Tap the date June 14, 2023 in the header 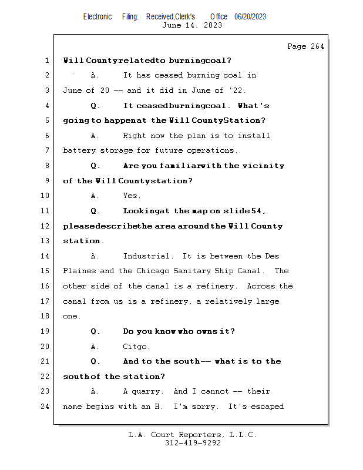[x=191, y=25]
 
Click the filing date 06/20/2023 [x=250, y=16]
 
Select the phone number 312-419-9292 [x=193, y=443]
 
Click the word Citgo [x=136, y=346]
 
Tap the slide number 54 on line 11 [x=258, y=211]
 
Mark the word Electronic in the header [x=98, y=16]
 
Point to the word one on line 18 [x=70, y=316]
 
